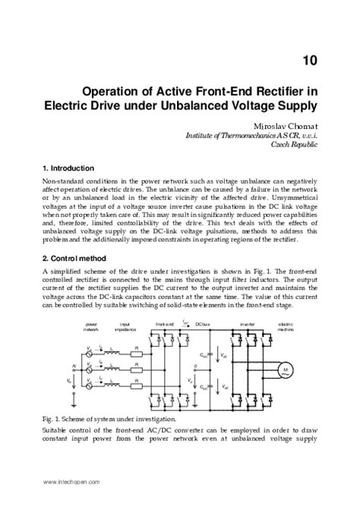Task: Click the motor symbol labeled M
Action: (286, 369)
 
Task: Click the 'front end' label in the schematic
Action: (165, 326)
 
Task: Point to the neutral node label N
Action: (74, 366)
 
